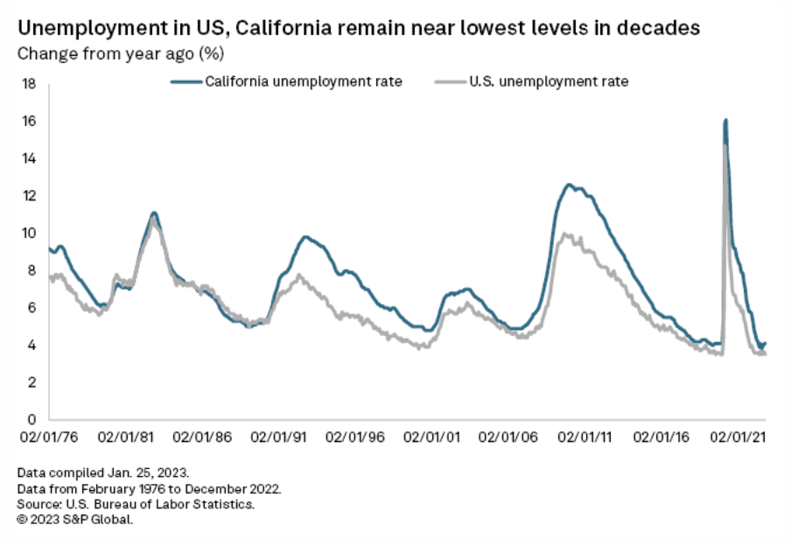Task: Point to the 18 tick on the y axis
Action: (x=29, y=84)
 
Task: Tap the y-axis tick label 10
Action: (x=29, y=233)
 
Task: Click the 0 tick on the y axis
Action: (x=31, y=419)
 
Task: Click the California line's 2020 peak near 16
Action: (x=725, y=120)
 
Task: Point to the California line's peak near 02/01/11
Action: (x=569, y=185)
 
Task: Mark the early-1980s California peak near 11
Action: (x=154, y=213)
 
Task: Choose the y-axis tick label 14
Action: (x=29, y=158)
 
